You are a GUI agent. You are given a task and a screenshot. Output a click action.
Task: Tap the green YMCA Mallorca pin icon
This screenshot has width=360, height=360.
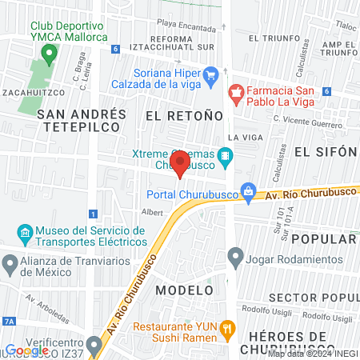click(49, 55)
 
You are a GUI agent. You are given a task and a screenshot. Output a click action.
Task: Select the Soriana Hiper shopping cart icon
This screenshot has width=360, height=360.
click(211, 78)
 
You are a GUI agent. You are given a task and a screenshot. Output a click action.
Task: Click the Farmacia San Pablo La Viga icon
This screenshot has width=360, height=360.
click(235, 94)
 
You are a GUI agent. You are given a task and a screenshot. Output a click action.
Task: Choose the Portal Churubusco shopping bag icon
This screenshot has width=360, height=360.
click(250, 192)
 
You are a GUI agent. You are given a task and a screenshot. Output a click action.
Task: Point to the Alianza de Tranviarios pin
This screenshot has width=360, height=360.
click(10, 262)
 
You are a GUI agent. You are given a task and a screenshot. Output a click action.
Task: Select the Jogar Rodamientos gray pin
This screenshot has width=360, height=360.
click(235, 257)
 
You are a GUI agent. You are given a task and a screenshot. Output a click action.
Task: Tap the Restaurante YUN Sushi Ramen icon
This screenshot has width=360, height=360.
click(227, 327)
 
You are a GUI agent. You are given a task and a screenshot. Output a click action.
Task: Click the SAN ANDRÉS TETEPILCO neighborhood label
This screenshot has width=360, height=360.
click(81, 120)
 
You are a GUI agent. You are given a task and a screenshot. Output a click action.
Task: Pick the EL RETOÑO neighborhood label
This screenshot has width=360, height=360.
click(183, 116)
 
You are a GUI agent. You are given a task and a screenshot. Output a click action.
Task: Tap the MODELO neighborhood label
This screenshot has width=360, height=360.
click(185, 289)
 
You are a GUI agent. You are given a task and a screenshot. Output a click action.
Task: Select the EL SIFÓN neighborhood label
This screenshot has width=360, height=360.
click(324, 151)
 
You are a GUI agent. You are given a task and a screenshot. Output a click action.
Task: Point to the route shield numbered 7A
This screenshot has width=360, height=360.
click(9, 321)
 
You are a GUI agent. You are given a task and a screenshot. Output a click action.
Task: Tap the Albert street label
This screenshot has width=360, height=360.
click(151, 213)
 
